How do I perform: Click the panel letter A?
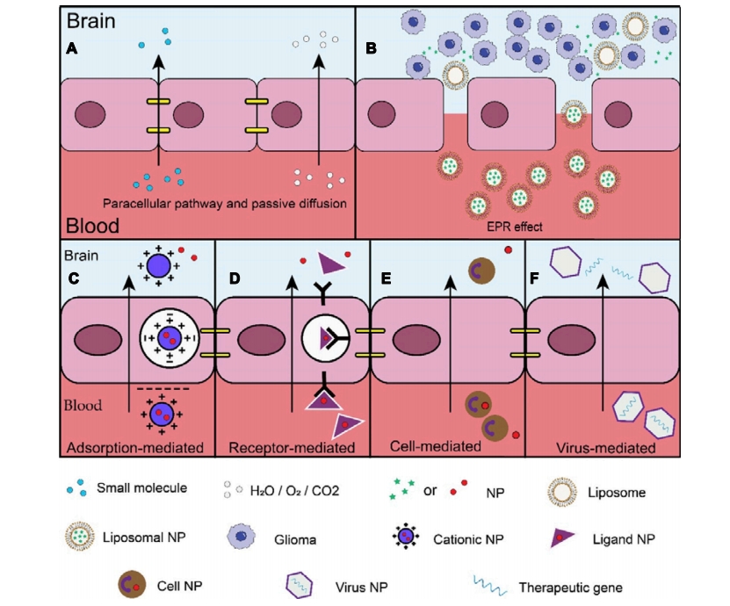point(72,48)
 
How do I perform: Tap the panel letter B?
point(371,48)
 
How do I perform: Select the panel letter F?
point(534,278)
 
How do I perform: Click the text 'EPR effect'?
point(515,227)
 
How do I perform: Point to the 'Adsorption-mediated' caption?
point(135,447)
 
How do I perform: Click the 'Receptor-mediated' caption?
point(292,447)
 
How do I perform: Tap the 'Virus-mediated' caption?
point(605,448)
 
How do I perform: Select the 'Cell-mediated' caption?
point(436,446)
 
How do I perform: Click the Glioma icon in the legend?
point(242,537)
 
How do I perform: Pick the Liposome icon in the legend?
point(562,492)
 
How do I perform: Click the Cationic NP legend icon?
point(406,537)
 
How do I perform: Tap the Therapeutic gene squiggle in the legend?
point(490,586)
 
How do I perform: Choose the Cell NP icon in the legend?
point(132,585)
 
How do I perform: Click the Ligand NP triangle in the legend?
point(562,537)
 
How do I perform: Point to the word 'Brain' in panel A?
point(90,21)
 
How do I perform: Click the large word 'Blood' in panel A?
point(92,225)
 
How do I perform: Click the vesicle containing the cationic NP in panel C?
point(169,338)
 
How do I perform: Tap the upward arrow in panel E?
point(450,343)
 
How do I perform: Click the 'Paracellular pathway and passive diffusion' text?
point(224,204)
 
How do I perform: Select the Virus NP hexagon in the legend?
point(299,585)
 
